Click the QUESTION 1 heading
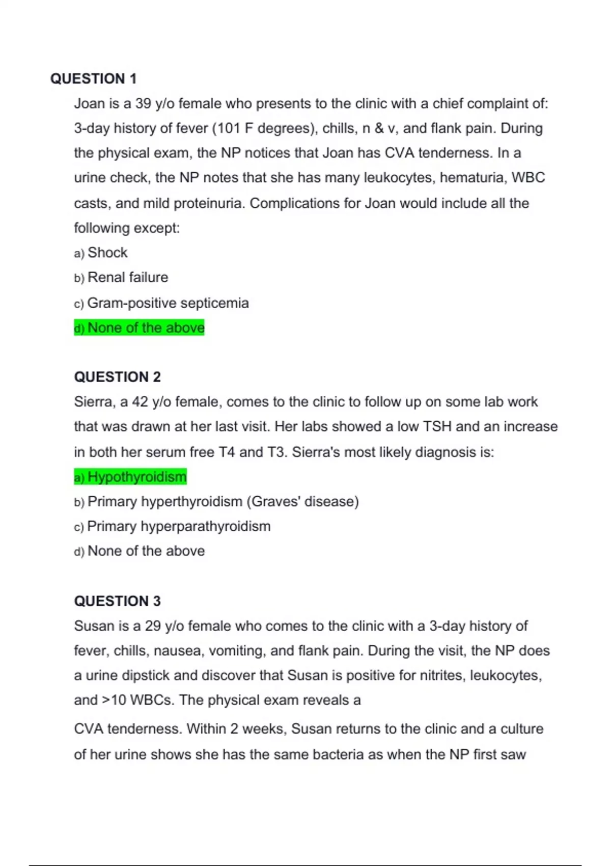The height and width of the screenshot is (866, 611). (x=93, y=79)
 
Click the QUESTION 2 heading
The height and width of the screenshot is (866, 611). (x=117, y=377)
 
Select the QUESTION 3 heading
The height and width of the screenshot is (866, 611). (x=117, y=601)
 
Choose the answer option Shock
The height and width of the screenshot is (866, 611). (x=107, y=253)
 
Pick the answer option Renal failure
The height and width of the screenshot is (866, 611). (x=127, y=278)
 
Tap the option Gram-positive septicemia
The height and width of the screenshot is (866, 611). (x=168, y=303)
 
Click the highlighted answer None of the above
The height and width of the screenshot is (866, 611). (x=146, y=328)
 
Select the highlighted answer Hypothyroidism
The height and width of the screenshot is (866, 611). (x=136, y=477)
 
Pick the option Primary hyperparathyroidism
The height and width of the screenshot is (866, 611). (x=179, y=526)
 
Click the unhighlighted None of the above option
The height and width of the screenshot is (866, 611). (x=146, y=551)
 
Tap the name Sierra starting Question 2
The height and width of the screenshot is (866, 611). (x=95, y=402)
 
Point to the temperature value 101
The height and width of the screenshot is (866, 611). (x=229, y=128)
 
